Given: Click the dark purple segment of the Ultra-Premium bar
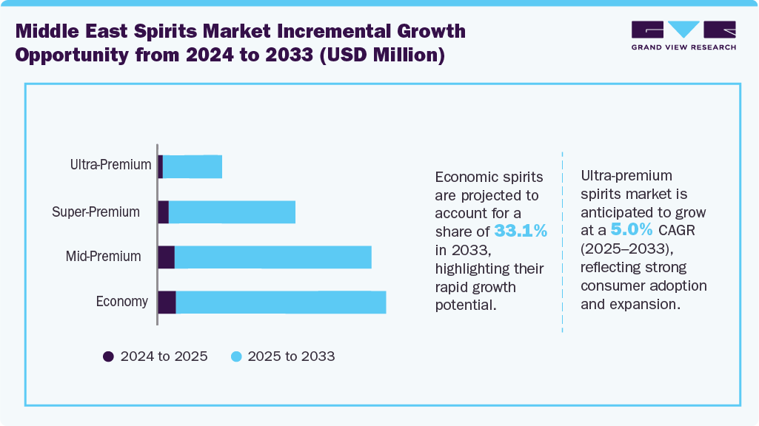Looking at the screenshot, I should coord(160,166).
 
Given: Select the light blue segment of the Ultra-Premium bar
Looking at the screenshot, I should coord(193,166).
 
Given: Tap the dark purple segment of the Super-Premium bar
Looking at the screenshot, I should coord(163,212).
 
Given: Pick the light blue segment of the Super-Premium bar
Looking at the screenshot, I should coord(232,212).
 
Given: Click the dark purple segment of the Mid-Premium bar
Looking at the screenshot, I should coord(166,257).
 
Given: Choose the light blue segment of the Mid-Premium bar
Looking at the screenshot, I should coord(272,257).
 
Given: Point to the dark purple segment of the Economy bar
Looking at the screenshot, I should coord(167,302).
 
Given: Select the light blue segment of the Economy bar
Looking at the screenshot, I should coord(281,302).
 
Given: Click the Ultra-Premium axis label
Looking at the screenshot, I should coord(110,165).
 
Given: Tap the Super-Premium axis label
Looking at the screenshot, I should coord(96,212).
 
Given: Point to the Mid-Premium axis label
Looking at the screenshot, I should coord(103,257).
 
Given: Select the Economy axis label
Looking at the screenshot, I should coord(121,302).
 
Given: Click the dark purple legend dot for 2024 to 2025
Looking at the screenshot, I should coord(108,356).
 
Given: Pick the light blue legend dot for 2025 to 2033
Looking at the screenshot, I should coord(236,356).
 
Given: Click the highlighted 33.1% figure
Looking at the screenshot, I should coord(521,231).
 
